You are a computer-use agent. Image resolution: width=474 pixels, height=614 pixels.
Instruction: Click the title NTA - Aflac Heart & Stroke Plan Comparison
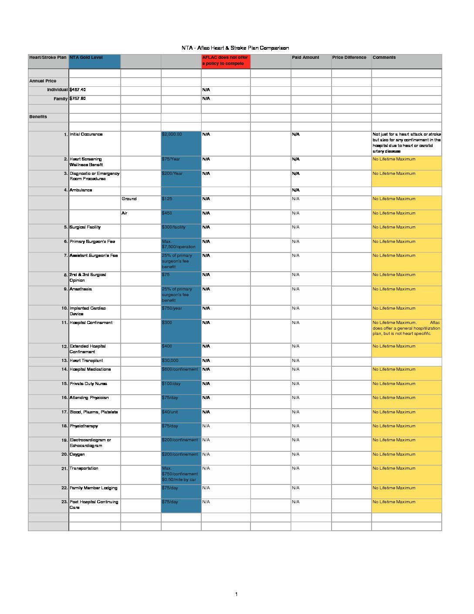[235, 48]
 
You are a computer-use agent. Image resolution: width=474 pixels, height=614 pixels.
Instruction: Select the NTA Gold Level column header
[86, 58]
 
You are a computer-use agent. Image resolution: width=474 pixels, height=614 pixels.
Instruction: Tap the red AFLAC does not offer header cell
[225, 61]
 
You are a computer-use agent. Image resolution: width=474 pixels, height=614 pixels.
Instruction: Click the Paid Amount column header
[305, 58]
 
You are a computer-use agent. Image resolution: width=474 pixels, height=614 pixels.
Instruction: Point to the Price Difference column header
[349, 58]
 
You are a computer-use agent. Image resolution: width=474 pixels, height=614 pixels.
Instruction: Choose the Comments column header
[384, 58]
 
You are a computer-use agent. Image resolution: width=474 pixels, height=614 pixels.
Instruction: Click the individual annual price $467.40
[78, 90]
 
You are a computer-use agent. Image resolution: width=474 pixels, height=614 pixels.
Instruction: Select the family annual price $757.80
[78, 99]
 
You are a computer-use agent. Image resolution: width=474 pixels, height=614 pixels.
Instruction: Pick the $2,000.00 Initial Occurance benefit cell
[172, 134]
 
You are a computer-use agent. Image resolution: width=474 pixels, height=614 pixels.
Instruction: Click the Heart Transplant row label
[86, 361]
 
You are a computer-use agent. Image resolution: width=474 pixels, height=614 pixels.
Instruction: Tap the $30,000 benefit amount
[170, 361]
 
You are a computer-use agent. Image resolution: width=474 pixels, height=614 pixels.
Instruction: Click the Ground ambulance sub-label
[129, 199]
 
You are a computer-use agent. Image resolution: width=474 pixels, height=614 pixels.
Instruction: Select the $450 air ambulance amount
[167, 213]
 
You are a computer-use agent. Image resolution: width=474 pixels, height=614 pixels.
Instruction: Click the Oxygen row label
[77, 454]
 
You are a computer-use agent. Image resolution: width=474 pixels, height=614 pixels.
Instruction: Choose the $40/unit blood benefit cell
[170, 412]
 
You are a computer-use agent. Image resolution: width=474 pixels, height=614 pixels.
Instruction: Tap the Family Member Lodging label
[93, 488]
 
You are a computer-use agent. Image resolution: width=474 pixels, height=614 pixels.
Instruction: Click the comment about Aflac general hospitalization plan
[406, 328]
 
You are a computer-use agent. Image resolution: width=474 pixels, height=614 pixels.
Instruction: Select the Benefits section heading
[38, 117]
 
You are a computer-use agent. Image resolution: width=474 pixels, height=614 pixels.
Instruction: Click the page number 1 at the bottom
[236, 594]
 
